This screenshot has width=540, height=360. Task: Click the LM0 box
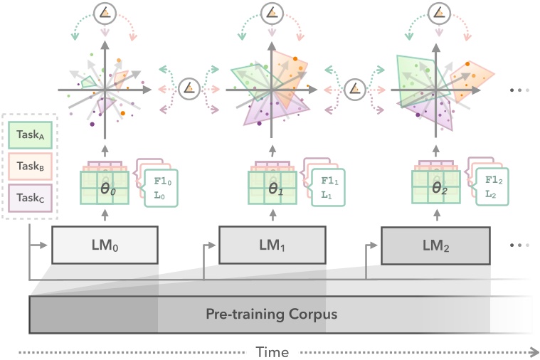click(105, 245)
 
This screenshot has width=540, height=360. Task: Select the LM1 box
click(272, 245)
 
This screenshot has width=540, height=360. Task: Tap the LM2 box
click(435, 245)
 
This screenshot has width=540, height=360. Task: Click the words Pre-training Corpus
click(271, 314)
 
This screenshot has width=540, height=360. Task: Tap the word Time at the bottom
click(272, 351)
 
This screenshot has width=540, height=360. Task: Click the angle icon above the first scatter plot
click(105, 12)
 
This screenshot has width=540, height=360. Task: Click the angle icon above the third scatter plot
click(438, 12)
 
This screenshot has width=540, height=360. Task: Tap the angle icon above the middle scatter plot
click(271, 12)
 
